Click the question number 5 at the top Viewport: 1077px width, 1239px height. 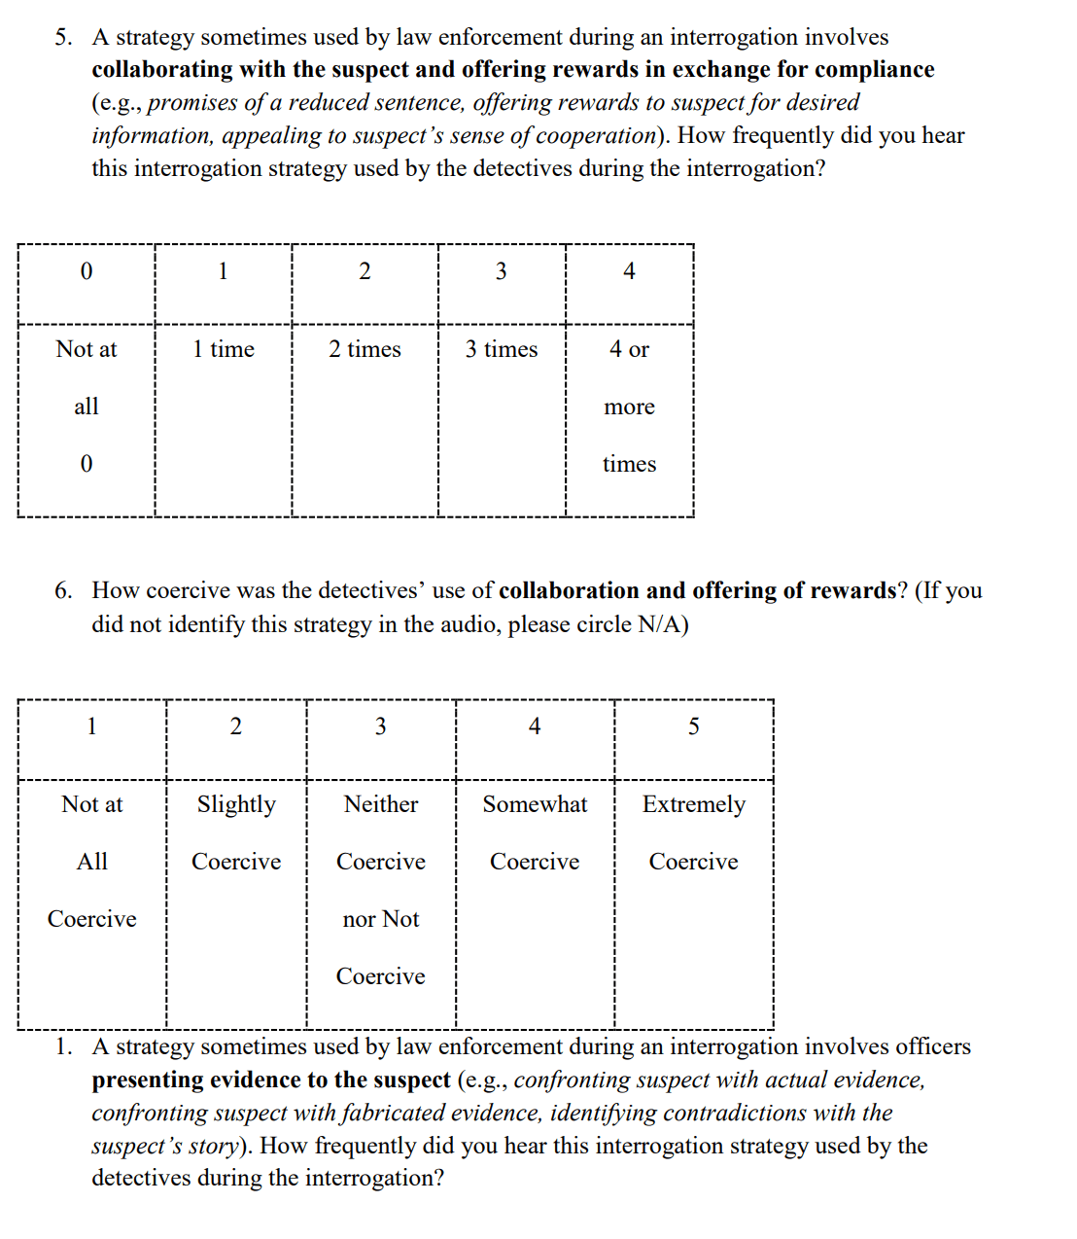(x=63, y=38)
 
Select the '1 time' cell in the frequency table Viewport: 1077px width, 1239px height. (x=224, y=349)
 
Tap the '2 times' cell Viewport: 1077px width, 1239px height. (x=365, y=349)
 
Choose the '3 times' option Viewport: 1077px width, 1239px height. (x=502, y=349)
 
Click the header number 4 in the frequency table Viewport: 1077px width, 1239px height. (x=629, y=271)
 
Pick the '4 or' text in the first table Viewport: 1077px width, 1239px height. (x=629, y=349)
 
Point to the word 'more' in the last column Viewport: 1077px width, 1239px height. (x=629, y=407)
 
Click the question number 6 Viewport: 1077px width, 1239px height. (x=63, y=591)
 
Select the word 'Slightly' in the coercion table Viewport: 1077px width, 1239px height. (x=236, y=804)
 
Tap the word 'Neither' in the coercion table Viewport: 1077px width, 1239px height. (x=381, y=804)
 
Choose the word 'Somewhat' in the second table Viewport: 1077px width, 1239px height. (x=535, y=804)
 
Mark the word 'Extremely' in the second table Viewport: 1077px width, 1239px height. (x=694, y=804)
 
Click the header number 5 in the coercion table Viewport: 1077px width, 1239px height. (x=694, y=726)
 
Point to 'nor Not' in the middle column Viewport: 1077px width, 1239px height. (x=381, y=919)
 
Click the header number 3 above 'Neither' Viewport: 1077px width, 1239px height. (x=381, y=726)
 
